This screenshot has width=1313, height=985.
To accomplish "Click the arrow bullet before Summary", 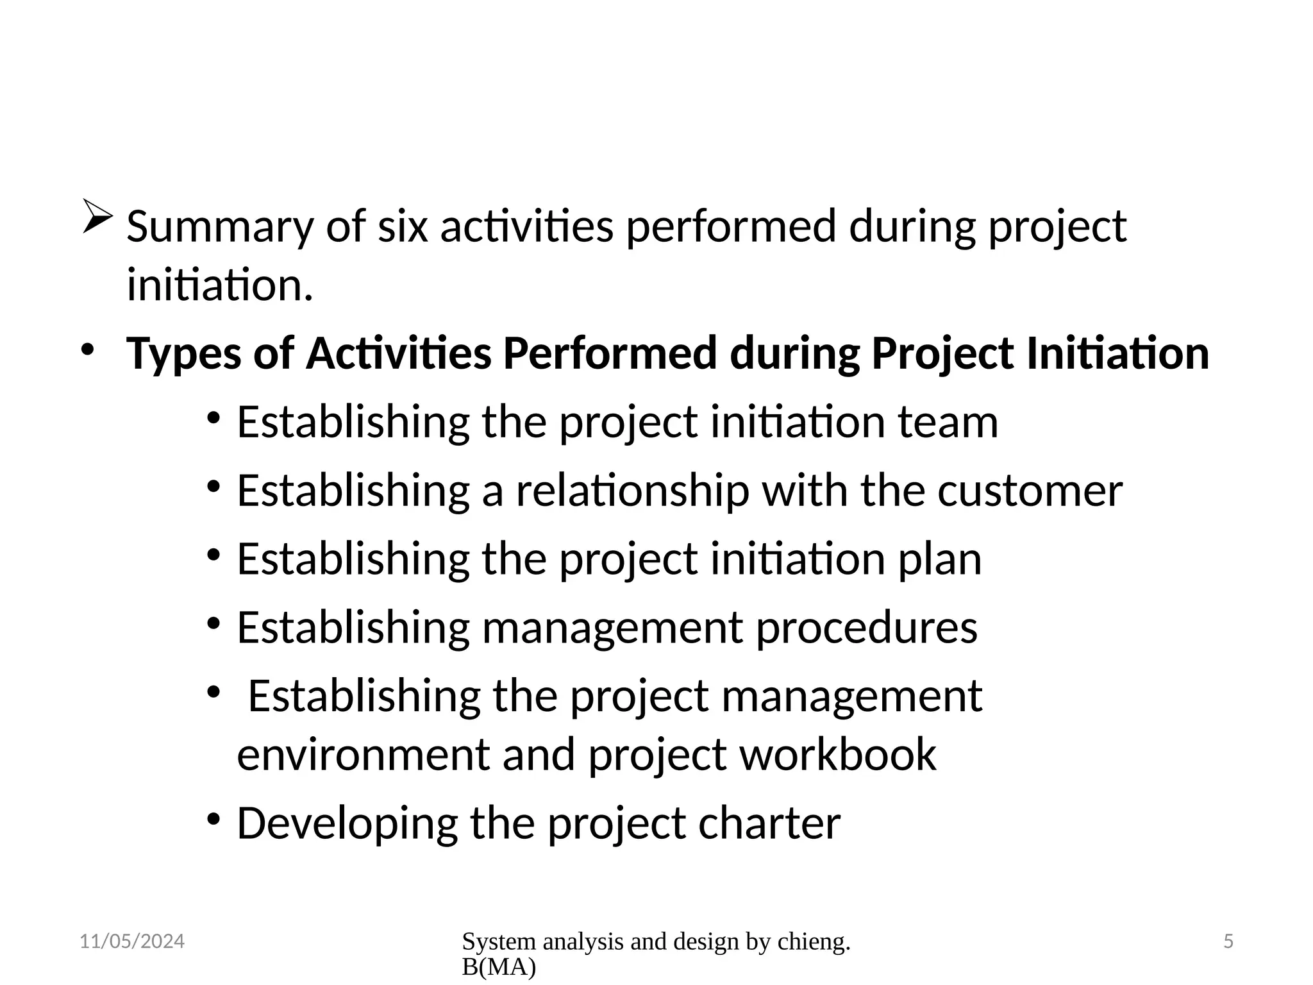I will click(97, 217).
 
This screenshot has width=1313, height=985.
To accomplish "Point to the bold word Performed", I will click(609, 354).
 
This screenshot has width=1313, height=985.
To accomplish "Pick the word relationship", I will click(633, 491).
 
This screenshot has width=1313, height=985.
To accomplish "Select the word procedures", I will click(867, 628).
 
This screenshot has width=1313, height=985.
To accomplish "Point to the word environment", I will click(364, 755).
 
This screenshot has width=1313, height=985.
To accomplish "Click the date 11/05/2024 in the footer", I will click(132, 941).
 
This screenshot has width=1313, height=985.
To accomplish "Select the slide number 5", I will click(1228, 941).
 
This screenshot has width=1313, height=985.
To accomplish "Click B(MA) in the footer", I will click(498, 968).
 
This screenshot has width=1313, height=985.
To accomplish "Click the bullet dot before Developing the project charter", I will click(214, 819).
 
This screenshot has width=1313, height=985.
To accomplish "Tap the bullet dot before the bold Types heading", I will click(87, 350).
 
